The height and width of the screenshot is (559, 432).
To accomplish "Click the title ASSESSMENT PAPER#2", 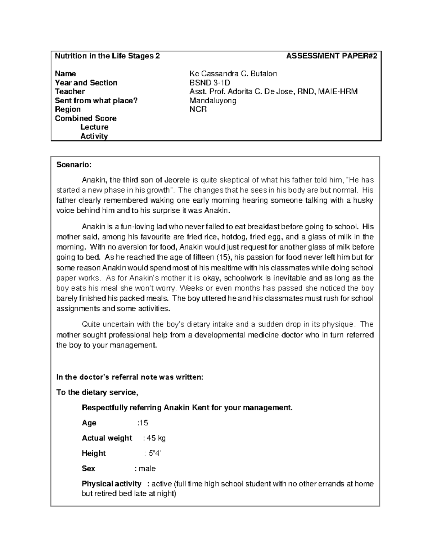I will pos(332,56).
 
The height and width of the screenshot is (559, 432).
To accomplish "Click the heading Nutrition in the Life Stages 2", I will pos(107,56).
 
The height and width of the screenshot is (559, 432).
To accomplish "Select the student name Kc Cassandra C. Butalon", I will pos(233,74).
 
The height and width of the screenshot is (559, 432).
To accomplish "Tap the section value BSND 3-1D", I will pos(210,83).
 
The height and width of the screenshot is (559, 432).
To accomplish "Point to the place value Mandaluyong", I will pos(213,101).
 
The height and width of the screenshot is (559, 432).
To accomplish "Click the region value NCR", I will pos(198,109).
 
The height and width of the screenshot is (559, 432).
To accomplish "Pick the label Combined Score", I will pos(86,118).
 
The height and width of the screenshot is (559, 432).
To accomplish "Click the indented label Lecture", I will pos(94,127).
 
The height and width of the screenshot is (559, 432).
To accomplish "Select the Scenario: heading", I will pos(74,165).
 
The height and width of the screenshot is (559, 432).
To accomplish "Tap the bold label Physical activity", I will pos(111,484).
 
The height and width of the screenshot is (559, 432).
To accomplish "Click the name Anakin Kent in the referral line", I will pos(184,408).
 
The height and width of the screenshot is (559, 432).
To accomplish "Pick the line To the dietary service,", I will pos(97,392).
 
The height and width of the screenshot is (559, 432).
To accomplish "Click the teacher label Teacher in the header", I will pos(70,92).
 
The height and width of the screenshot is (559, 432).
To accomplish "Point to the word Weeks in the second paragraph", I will pos(191,288).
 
